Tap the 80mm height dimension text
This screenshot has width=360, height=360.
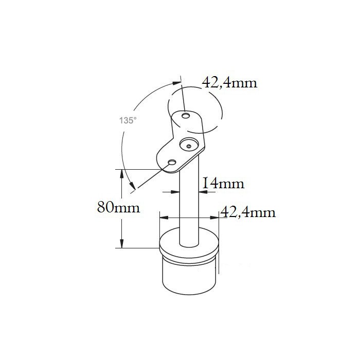118,207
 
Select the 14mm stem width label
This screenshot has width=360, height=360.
223,184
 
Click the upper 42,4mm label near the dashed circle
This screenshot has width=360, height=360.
229,83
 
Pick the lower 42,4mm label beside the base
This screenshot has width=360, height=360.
248,212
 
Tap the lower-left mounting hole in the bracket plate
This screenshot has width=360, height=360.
172,163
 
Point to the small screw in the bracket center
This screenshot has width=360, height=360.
189,146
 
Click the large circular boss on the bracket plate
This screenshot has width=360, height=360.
189,145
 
